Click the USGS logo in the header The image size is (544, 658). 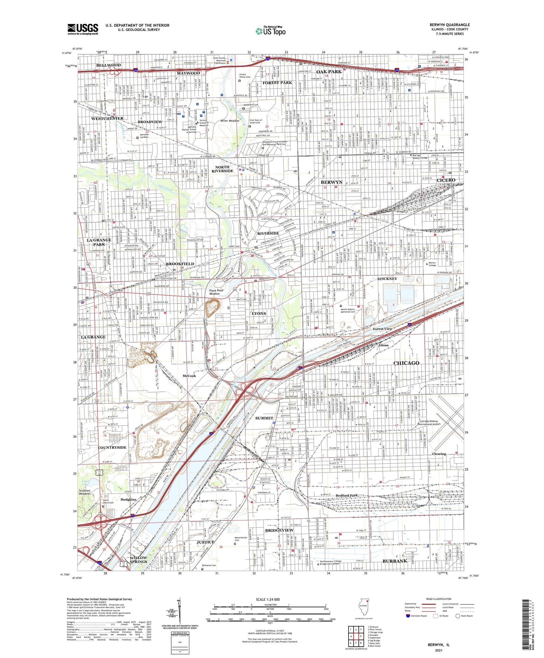[x=83, y=29]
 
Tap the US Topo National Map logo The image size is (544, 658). [x=270, y=31]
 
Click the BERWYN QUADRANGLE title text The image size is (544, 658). [x=450, y=25]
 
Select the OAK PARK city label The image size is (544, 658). [x=329, y=72]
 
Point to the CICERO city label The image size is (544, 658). [x=446, y=180]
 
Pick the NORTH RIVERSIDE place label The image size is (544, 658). [x=222, y=169]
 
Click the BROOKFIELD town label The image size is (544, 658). [x=180, y=264]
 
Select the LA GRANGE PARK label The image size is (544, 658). [x=99, y=242]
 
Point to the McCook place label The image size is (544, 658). [x=189, y=376]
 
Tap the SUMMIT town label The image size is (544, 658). [x=264, y=418]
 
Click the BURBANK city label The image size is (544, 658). [x=395, y=561]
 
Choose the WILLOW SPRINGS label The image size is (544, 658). [x=139, y=559]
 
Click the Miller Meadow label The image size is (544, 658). [x=230, y=121]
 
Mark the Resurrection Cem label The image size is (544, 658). [x=241, y=539]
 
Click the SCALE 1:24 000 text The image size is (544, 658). [x=269, y=600]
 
